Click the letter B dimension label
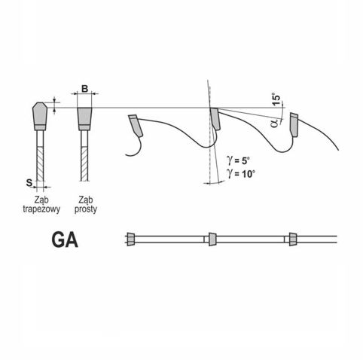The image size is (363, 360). (x=85, y=89)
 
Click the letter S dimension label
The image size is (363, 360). (x=29, y=182)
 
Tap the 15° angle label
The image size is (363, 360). (x=276, y=99)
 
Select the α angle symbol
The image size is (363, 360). (x=275, y=124)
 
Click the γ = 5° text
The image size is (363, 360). (x=238, y=160)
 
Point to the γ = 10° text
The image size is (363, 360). (x=241, y=173)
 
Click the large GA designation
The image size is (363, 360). (x=65, y=240)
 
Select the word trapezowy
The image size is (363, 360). (x=41, y=209)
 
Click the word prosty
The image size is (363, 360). (x=86, y=209)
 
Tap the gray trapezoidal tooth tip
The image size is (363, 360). (x=40, y=114)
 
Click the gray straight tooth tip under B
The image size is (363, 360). (x=84, y=116)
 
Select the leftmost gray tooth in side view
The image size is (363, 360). (x=136, y=126)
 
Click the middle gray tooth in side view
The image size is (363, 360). (x=215, y=119)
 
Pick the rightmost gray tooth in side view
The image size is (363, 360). (x=294, y=125)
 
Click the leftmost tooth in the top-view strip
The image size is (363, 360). (x=131, y=239)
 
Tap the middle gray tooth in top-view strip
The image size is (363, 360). (x=212, y=239)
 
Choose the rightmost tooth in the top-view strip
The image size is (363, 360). (x=293, y=239)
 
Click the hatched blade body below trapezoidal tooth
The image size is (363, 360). (x=40, y=163)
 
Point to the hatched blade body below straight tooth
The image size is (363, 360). (x=84, y=163)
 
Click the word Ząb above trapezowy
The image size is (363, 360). (x=41, y=200)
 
